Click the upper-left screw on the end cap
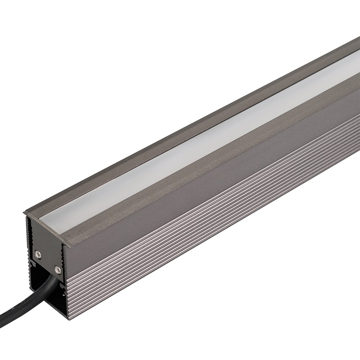37,254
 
